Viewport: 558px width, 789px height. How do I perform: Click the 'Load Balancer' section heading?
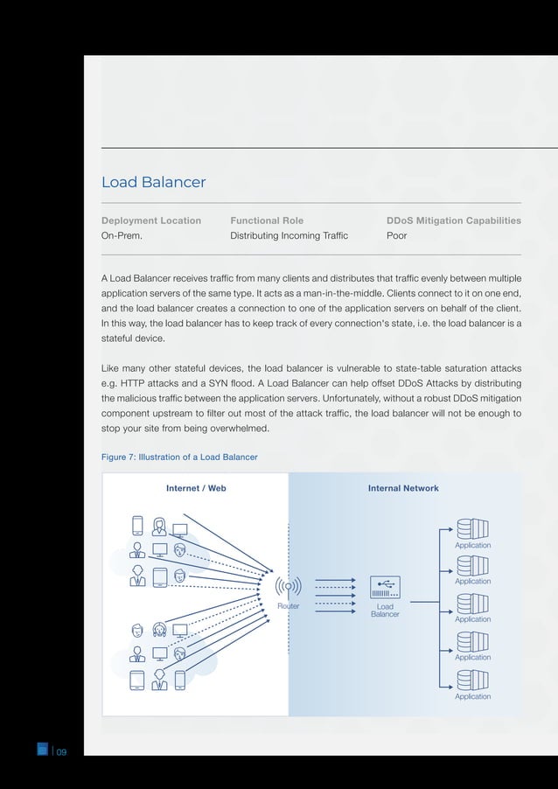coord(153,183)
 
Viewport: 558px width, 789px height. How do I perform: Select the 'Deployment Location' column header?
coord(151,220)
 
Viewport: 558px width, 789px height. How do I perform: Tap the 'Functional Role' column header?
coord(267,220)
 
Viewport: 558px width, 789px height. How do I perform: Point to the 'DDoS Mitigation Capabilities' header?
coord(453,220)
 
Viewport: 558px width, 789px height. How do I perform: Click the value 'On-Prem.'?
coord(122,236)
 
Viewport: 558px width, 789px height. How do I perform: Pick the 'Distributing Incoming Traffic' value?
coord(289,236)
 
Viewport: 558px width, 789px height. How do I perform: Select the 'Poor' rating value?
coord(396,236)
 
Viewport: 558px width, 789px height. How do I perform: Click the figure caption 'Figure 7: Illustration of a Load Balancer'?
coord(179,457)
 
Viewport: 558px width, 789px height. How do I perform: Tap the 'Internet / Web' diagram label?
coord(196,488)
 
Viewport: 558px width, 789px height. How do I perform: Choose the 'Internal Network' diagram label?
coord(403,488)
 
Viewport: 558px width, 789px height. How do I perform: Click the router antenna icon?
coord(288,587)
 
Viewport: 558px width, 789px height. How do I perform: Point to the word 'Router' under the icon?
coord(288,605)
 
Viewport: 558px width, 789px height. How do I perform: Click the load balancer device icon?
coord(385,587)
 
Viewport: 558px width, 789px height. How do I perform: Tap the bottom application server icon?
coord(472,680)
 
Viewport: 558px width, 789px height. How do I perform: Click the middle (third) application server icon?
coord(472,604)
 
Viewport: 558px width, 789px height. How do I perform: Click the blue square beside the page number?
coord(42,748)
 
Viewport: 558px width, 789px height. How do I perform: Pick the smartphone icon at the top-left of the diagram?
coord(137,525)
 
